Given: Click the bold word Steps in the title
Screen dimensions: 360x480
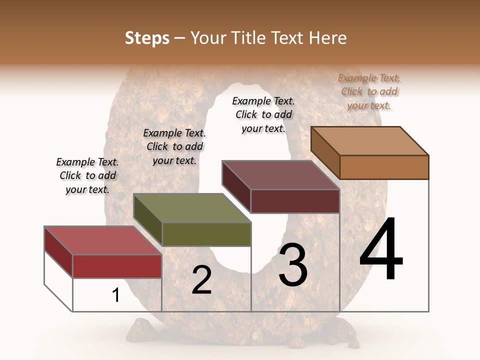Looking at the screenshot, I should [147, 38].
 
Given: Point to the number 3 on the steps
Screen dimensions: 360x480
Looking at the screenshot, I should [293, 265].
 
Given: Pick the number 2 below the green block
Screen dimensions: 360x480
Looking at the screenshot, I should [201, 280].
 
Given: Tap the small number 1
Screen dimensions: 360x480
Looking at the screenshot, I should [116, 295].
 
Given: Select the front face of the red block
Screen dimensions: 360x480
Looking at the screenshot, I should [117, 266].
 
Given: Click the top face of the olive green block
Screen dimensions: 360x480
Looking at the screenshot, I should [192, 208].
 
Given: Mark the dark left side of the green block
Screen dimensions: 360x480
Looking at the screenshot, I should [148, 219].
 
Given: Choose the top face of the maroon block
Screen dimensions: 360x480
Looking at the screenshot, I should [280, 175].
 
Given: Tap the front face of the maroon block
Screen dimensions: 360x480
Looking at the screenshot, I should [295, 201].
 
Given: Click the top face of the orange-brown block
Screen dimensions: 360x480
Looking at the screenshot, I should [369, 141].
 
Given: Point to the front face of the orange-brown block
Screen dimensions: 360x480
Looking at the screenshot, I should [384, 167].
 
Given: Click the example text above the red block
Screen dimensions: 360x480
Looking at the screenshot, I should [87, 175].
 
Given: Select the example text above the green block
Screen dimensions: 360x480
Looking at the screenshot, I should [174, 146].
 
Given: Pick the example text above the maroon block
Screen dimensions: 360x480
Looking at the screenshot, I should [263, 114].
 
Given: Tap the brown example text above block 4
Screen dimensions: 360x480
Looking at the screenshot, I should [369, 91].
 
